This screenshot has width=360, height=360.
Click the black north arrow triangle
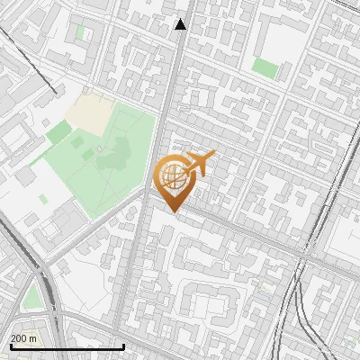coord(181,24)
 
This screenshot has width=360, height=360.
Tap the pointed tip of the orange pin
coord(174,211)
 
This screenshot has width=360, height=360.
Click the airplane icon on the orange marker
coord(199,164)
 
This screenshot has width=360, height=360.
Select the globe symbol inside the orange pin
coord(174,177)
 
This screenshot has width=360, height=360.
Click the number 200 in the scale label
coord(18,338)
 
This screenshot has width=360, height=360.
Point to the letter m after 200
coord(34,338)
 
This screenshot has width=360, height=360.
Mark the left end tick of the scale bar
coord(10,346)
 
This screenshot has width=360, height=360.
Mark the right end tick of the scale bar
coord(122,346)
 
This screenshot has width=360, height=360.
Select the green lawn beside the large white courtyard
coord(265,67)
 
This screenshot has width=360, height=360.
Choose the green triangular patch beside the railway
coord(33,296)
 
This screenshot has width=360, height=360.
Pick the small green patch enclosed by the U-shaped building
coord(82,33)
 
